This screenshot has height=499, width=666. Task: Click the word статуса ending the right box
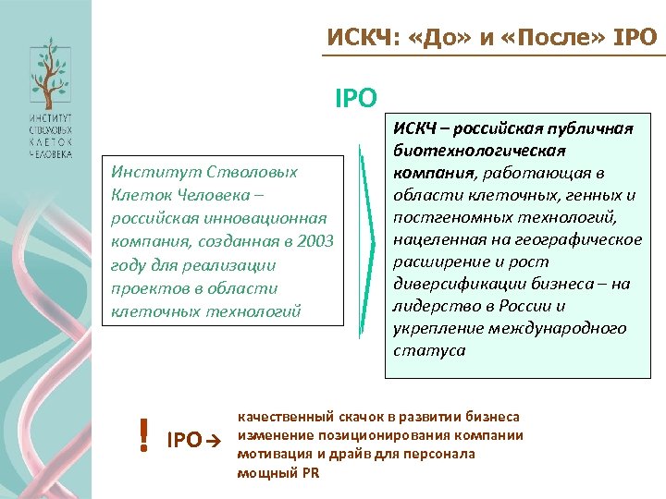[x=429, y=350]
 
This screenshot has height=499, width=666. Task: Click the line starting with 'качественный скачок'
[x=378, y=417]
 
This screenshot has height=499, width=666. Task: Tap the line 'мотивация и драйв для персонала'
[x=356, y=454]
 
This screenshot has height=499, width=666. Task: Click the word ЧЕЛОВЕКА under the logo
[x=49, y=154]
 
